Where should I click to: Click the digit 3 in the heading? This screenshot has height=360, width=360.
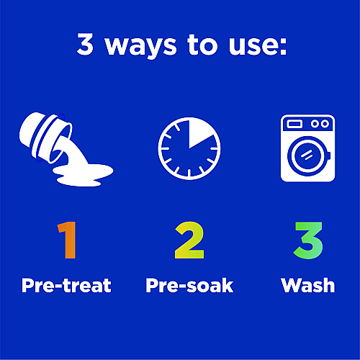coord(85,44)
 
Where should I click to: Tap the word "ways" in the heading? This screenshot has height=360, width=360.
coord(141,47)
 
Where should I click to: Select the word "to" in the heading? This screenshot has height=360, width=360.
coord(202,45)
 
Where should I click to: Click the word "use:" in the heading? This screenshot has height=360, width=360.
coord(258,45)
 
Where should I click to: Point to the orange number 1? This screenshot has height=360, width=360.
coord(68,240)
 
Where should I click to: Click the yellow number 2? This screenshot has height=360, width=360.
coord(189,240)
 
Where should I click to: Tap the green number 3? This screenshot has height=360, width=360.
coord(308,240)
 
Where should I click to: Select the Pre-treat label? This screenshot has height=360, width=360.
coord(66,285)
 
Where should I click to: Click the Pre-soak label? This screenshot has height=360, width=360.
coord(189,285)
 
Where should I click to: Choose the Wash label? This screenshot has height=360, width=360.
coord(308,285)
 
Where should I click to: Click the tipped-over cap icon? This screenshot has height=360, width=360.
coord(45,138)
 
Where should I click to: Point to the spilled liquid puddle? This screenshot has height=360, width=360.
coord(83,175)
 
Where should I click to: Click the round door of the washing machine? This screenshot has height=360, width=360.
coord(307,156)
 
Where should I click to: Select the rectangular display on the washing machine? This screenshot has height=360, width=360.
coord(294,124)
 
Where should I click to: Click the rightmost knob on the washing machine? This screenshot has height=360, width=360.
coord(325,124)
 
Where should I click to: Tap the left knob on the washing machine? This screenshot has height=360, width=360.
coord(315,124)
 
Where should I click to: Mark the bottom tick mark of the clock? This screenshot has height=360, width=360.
coord(189,174)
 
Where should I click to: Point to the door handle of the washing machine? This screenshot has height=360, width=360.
coord(329,156)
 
